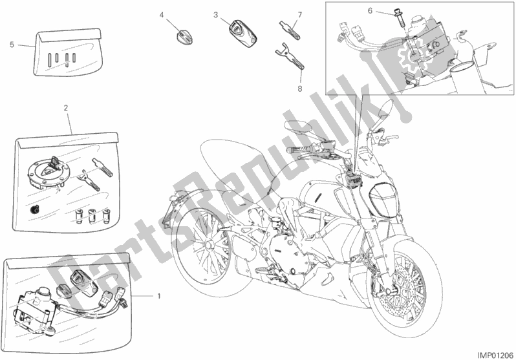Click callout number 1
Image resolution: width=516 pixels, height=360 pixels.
click(159, 296)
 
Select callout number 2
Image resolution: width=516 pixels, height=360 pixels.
click(66, 107)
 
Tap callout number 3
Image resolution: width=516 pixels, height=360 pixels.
click(215, 15)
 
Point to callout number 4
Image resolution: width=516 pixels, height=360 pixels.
click(162, 15)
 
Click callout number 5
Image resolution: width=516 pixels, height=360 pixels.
click(12, 45)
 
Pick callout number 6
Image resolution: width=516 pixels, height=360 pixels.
click(370, 11)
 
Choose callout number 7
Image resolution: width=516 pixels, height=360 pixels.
click(300, 15)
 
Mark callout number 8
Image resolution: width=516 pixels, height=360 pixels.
click(300, 89)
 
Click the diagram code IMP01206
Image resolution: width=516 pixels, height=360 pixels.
click(495, 355)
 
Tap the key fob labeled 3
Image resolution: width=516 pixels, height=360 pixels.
click(242, 34)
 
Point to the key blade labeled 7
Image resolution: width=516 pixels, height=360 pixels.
click(290, 30)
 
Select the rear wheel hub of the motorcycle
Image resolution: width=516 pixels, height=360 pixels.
click(208, 245)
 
